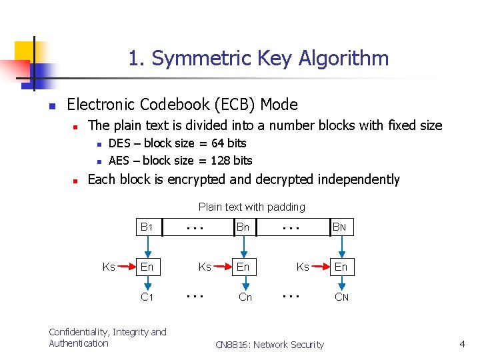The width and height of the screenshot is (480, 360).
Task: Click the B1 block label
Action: click(x=147, y=227)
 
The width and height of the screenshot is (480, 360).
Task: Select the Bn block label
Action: click(x=243, y=227)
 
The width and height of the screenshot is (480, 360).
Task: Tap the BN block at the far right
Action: click(x=340, y=227)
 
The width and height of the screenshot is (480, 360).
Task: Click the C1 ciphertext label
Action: click(x=147, y=297)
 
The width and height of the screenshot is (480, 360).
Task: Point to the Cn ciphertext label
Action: click(x=245, y=297)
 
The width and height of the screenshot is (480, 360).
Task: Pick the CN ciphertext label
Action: click(x=341, y=297)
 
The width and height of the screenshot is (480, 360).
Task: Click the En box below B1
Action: click(x=147, y=267)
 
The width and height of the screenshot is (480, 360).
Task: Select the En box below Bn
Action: click(x=243, y=267)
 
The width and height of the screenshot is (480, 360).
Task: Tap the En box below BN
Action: click(x=341, y=267)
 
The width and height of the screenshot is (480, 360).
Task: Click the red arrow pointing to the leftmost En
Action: click(x=125, y=267)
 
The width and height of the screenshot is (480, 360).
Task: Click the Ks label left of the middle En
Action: click(x=205, y=267)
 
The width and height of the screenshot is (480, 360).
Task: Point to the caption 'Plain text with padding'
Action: click(x=251, y=207)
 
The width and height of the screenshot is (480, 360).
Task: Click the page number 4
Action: click(x=462, y=344)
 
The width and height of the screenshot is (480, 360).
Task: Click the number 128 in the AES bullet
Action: click(x=221, y=160)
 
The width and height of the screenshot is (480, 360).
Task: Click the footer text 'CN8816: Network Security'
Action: click(x=269, y=345)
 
